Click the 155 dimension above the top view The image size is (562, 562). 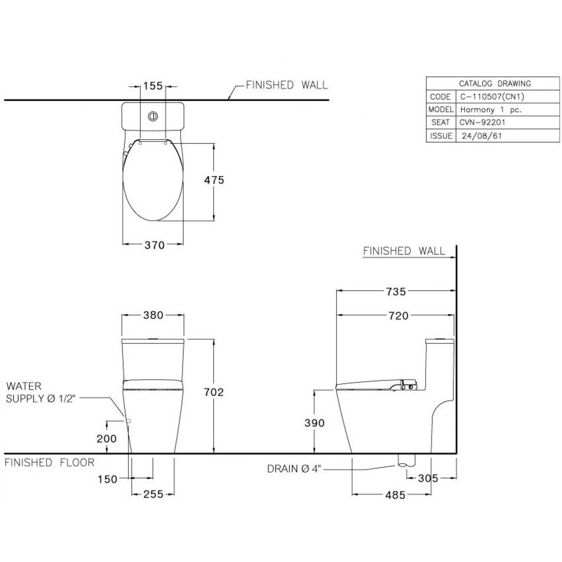153,86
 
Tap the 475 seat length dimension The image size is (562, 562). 214,180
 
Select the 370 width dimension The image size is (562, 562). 155,245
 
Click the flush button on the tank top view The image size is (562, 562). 153,116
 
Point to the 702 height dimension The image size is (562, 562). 214,392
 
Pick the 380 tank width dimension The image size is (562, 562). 153,315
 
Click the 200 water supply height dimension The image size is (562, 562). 106,439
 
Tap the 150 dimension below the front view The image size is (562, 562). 108,479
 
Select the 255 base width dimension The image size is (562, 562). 153,494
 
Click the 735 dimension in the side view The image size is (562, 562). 396,292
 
